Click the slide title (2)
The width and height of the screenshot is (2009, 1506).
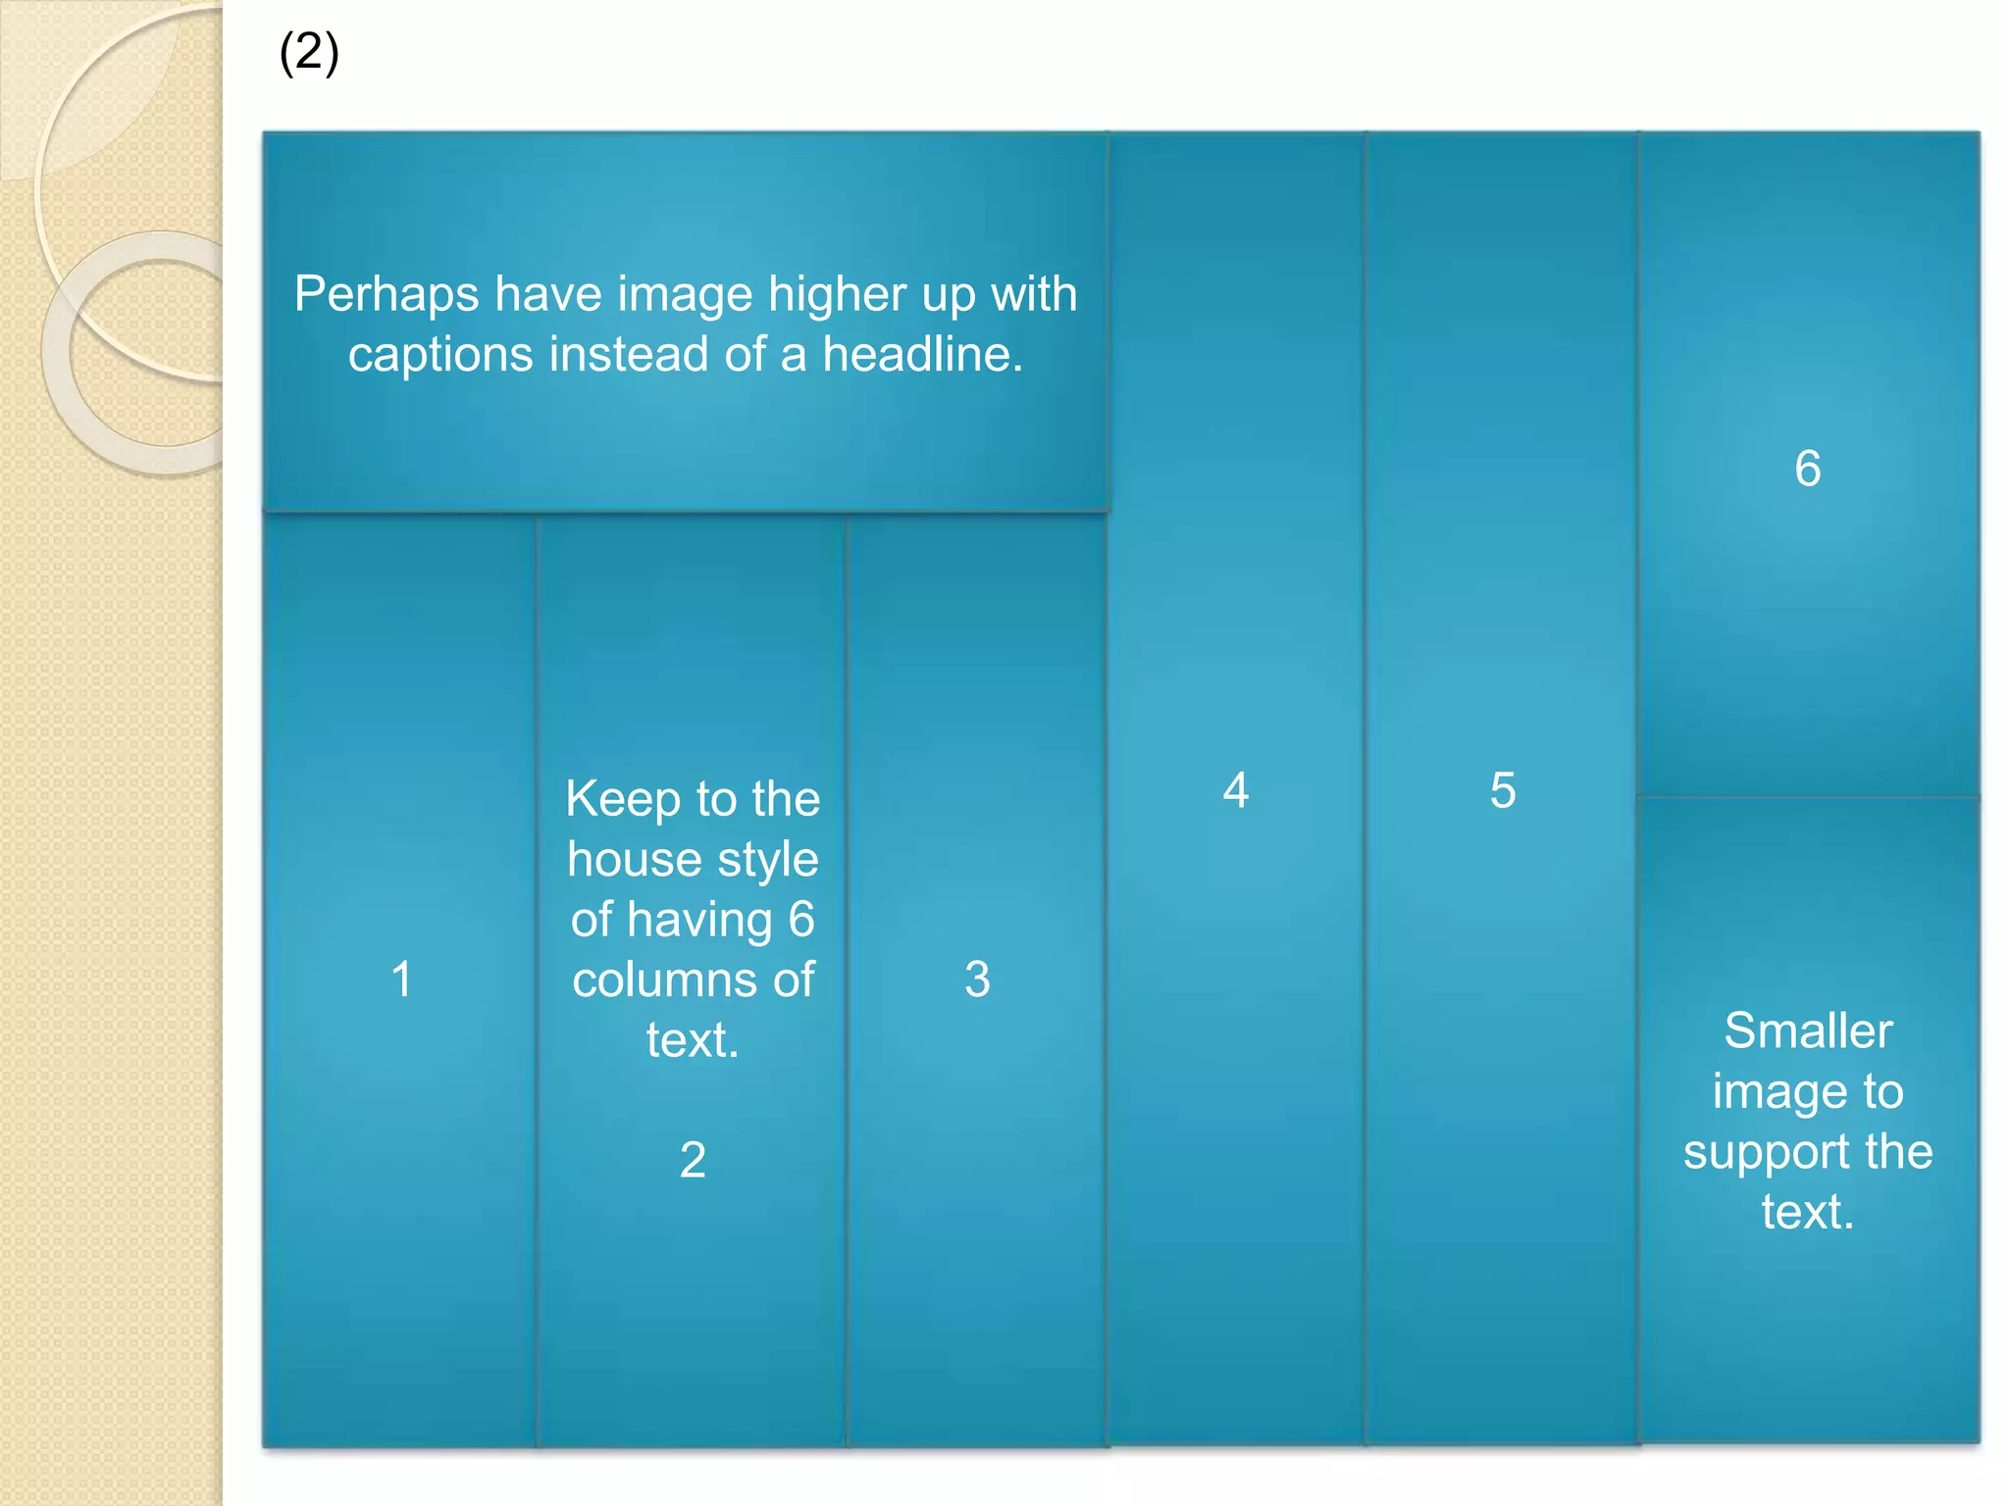(x=309, y=53)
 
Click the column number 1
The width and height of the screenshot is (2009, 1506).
(x=401, y=979)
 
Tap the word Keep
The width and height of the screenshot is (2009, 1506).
(x=608, y=800)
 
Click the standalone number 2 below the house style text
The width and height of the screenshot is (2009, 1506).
(x=693, y=1160)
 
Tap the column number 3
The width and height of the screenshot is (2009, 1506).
(x=977, y=979)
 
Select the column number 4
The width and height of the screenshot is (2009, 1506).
(x=1236, y=790)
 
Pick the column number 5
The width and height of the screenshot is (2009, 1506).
(x=1503, y=790)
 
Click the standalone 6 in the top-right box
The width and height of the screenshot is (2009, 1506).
(x=1808, y=469)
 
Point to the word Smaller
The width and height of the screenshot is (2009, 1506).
(x=1808, y=1031)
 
